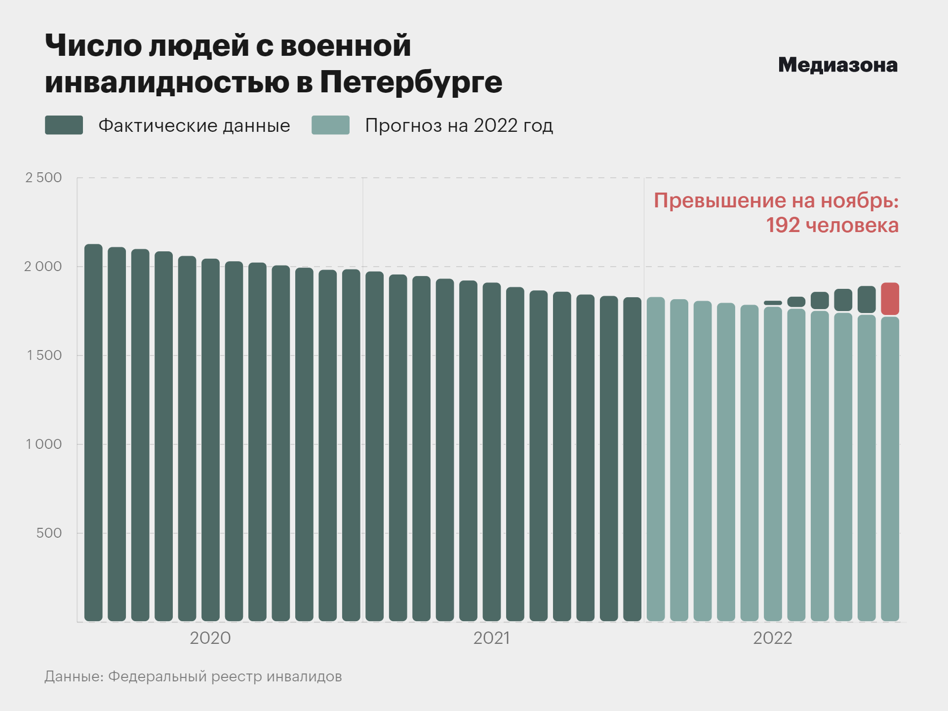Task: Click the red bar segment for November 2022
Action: [x=890, y=299]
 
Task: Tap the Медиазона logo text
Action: [x=837, y=65]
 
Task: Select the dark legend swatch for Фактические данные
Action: [x=64, y=125]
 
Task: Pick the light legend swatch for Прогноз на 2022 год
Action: [x=330, y=125]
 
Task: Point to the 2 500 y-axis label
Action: [x=43, y=178]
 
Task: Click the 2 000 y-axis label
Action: [x=43, y=267]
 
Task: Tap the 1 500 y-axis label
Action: [x=44, y=355]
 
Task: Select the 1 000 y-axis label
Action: [x=44, y=444]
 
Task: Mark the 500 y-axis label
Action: [x=49, y=533]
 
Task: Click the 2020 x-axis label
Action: [x=210, y=638]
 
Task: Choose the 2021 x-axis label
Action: [x=491, y=638]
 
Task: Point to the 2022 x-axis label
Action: [x=772, y=638]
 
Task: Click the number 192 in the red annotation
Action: [x=783, y=225]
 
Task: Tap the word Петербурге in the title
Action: [x=411, y=82]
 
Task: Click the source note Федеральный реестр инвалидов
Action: [x=225, y=676]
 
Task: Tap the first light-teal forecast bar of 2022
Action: [x=656, y=459]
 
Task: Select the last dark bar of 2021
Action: [x=632, y=459]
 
